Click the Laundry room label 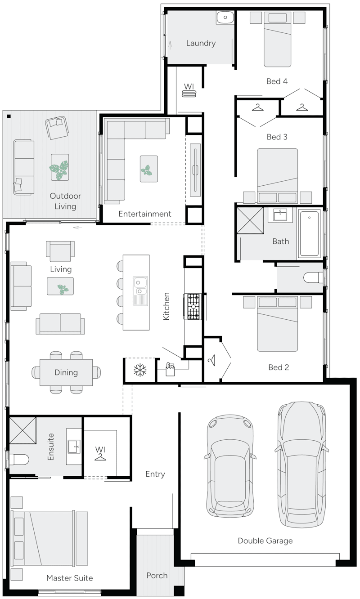(201, 43)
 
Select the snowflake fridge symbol (140, 371)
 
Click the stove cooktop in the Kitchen (194, 307)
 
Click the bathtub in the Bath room (310, 233)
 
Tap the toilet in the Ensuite (19, 459)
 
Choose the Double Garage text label (265, 541)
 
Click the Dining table (66, 372)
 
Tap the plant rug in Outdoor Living (60, 167)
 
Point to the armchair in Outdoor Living (57, 127)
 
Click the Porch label (157, 575)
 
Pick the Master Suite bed (49, 539)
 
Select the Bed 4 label (277, 81)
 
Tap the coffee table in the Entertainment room (148, 169)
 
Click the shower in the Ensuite (22, 430)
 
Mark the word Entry (155, 474)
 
